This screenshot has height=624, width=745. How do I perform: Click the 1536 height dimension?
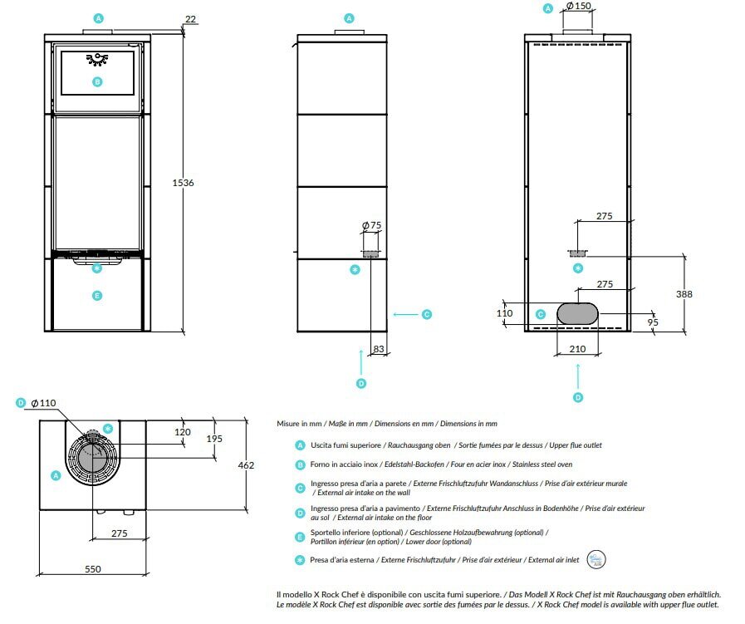coord(183,183)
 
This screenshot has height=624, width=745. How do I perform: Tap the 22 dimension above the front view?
coord(190,19)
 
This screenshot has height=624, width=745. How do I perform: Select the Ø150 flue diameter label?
coord(579,6)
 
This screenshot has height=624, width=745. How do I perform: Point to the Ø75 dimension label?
coord(371,225)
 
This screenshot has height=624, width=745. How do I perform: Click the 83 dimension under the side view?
coord(379,349)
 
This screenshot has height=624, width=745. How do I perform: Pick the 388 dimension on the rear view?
coord(684,294)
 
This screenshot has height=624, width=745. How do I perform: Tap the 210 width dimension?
coord(577,349)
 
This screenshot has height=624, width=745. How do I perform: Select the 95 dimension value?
coord(653,322)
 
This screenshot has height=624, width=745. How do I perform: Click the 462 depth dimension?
coord(246,465)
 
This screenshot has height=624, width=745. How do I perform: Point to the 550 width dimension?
coord(93,569)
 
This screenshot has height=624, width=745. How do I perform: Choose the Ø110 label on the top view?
coord(43,403)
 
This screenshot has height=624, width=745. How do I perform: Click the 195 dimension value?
coord(214,439)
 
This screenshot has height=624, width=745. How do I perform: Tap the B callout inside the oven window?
coord(97,81)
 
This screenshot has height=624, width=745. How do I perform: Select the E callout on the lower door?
coord(97,296)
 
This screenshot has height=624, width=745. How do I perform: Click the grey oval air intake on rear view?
coord(577,314)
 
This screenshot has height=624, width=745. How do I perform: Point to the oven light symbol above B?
coord(97,59)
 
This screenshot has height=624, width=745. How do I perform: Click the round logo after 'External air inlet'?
coord(596,559)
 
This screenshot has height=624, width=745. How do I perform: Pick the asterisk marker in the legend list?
coord(300,560)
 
